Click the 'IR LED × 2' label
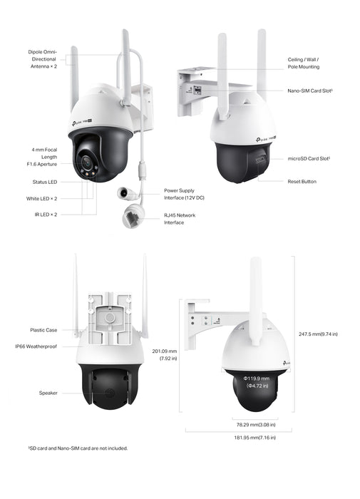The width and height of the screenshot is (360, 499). [47, 214]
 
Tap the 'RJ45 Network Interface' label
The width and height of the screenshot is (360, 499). [180, 218]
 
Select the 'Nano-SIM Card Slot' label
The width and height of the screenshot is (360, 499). [311, 91]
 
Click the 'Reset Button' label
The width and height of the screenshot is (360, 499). [302, 182]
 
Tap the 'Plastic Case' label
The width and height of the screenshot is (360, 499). [43, 330]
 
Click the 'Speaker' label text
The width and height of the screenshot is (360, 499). [48, 393]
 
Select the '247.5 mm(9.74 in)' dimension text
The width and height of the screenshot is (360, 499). [318, 334]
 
